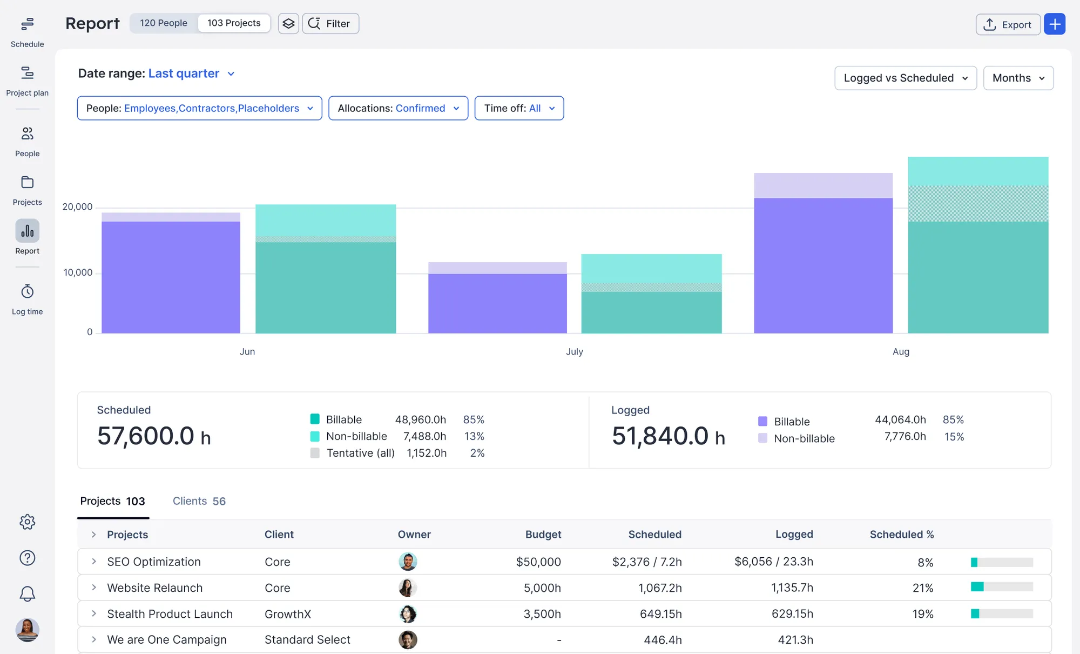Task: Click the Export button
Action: pos(1008,24)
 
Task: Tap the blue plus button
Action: pos(1054,24)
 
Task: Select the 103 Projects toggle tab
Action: pos(234,23)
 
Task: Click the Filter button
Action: pos(330,24)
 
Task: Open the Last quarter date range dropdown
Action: pos(191,74)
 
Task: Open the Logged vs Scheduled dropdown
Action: pos(905,78)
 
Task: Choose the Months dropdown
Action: pos(1018,78)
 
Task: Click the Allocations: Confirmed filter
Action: pos(398,108)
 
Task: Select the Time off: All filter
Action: pos(519,108)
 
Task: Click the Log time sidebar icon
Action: pos(27,299)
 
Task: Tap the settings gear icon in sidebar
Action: pos(27,522)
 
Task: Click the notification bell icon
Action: pos(27,594)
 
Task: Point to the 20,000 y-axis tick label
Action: pos(77,207)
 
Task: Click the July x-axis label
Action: pos(574,351)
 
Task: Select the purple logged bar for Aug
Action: pos(823,265)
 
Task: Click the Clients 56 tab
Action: pos(199,501)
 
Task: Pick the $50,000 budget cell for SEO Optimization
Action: pos(538,562)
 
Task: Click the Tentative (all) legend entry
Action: pos(360,453)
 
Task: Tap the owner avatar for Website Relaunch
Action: pos(408,588)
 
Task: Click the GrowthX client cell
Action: pos(288,614)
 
